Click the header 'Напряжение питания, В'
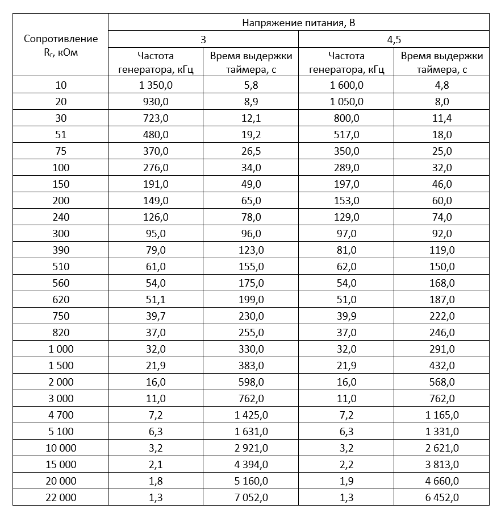click(298, 23)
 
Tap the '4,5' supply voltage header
click(393, 40)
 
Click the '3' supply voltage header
click(203, 40)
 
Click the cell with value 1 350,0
click(156, 86)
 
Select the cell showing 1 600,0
click(346, 86)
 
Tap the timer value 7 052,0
click(250, 498)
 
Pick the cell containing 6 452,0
click(441, 498)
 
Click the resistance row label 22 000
click(61, 498)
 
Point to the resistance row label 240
click(61, 217)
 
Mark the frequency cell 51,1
click(156, 300)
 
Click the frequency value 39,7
click(156, 316)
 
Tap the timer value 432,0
click(441, 366)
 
